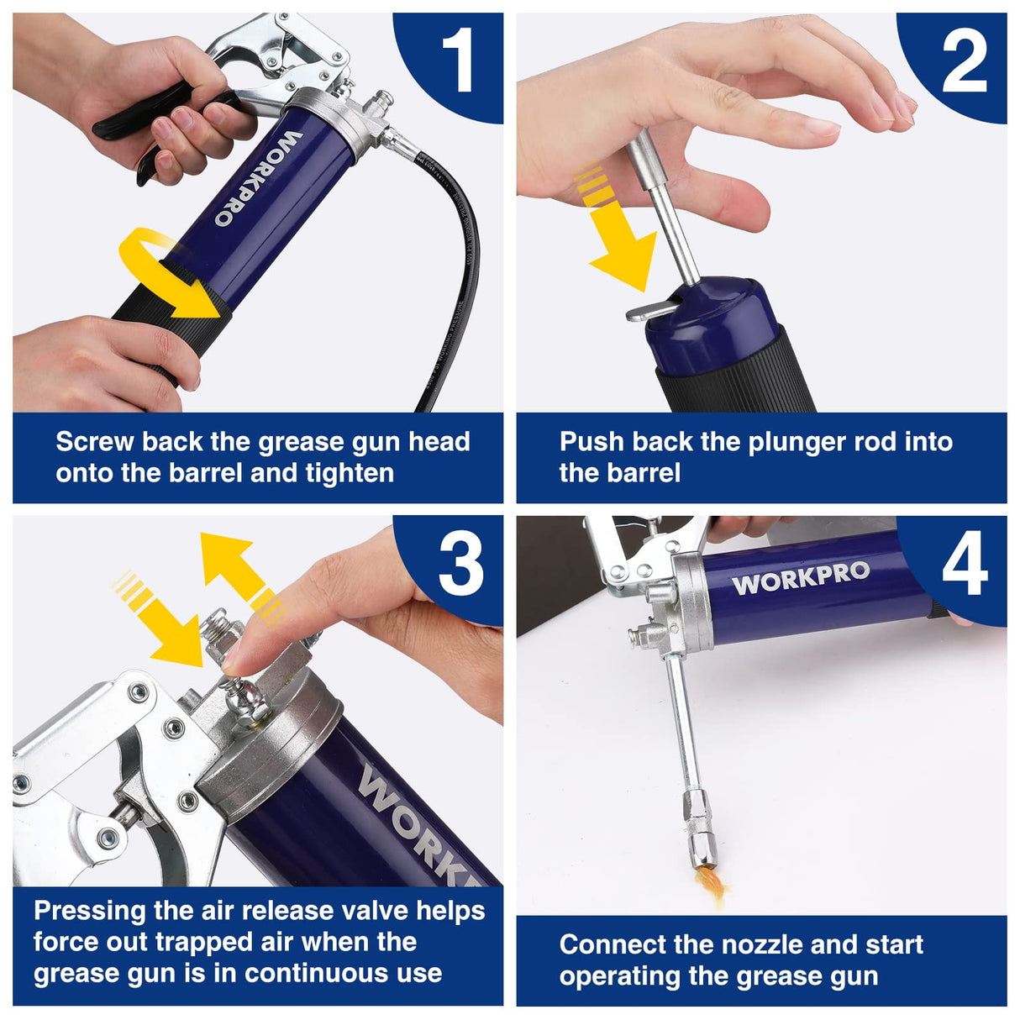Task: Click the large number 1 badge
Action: (x=458, y=60)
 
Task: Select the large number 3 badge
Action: (x=460, y=564)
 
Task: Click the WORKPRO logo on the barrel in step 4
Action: (x=800, y=577)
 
